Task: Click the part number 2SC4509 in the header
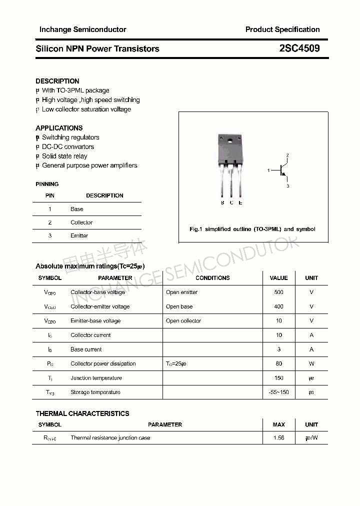tap(299, 48)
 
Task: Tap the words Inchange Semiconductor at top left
tap(82, 29)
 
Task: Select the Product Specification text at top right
tap(282, 29)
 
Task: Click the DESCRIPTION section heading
tap(57, 81)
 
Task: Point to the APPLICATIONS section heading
tap(59, 128)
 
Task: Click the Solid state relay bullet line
tap(64, 156)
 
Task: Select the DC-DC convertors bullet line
tap(68, 146)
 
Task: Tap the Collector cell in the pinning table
tap(81, 222)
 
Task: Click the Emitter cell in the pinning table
tap(79, 235)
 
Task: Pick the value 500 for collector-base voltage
tap(278, 292)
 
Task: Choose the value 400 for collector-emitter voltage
tap(278, 306)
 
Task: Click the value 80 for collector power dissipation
tap(278, 363)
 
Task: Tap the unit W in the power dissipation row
tap(311, 363)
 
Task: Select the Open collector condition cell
tap(183, 321)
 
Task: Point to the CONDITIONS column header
tap(212, 278)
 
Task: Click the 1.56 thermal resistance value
tap(278, 438)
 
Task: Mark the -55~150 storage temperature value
tap(278, 392)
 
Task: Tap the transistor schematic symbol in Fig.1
tap(283, 170)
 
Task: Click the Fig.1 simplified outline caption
tap(252, 229)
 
